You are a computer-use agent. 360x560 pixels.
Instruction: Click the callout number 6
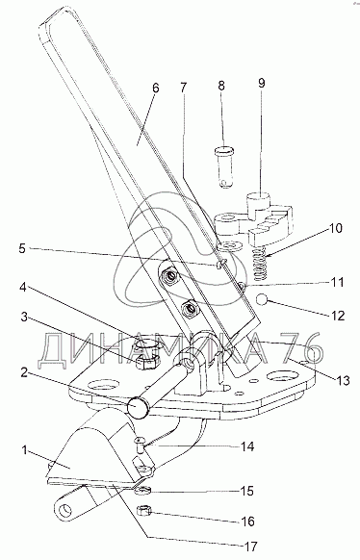coord(155,89)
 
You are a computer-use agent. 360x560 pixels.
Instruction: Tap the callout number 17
coord(249,547)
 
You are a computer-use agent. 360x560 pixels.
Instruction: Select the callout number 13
coord(343,380)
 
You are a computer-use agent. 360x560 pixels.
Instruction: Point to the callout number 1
coord(24,450)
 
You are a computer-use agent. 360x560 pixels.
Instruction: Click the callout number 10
coord(335,228)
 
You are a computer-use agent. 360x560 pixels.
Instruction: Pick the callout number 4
coord(23,287)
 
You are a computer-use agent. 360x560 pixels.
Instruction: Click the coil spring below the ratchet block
coord(260,265)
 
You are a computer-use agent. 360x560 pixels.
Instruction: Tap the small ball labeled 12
coord(263,299)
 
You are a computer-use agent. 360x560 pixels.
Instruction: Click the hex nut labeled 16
coord(144,512)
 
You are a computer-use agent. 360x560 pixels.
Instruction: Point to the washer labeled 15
coord(143,491)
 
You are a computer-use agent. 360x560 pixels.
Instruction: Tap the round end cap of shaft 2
coord(138,408)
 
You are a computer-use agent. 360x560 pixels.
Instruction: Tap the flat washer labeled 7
coord(230,245)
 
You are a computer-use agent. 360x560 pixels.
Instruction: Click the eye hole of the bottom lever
coord(64,510)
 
